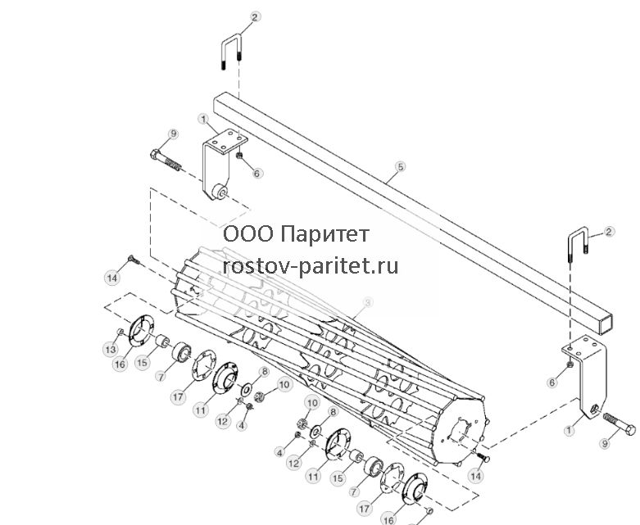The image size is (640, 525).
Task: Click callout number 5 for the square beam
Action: [401, 166]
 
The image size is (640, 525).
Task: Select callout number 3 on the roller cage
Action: [367, 302]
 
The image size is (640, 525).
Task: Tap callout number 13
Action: [111, 350]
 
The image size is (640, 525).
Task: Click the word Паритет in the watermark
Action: [325, 234]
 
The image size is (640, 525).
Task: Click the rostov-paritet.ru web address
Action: [311, 266]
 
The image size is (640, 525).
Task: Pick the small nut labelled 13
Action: [120, 332]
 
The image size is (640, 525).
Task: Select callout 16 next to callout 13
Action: [120, 364]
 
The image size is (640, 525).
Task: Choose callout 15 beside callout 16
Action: [143, 362]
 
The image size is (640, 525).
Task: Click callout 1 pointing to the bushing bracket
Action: [203, 120]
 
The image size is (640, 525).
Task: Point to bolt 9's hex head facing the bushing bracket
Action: [155, 154]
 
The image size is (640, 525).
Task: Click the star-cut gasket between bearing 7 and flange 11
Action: [203, 364]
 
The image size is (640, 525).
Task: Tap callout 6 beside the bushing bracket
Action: [256, 173]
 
